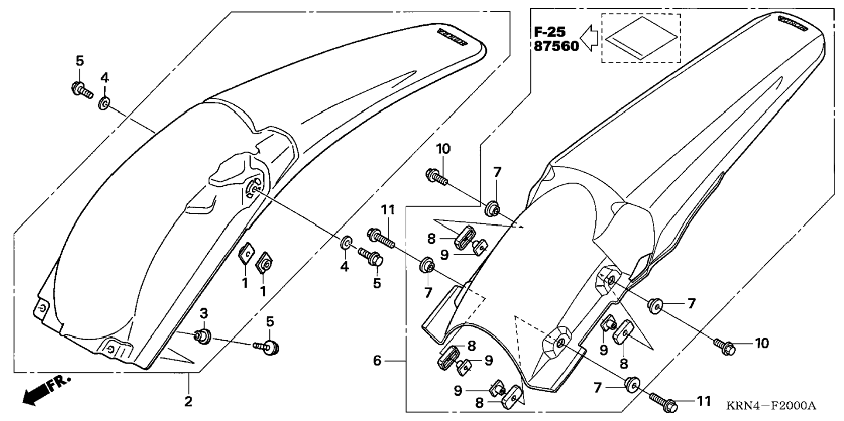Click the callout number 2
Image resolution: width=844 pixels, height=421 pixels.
click(x=188, y=401)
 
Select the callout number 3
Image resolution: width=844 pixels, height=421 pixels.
click(x=204, y=314)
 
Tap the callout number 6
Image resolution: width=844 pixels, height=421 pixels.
click(x=377, y=361)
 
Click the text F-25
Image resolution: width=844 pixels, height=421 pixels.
click(x=550, y=32)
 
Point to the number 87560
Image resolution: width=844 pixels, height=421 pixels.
click(x=556, y=46)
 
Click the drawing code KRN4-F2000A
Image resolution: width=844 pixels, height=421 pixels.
click(x=771, y=406)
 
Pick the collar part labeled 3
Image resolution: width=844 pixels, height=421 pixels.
click(x=203, y=336)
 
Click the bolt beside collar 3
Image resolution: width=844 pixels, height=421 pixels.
click(x=267, y=347)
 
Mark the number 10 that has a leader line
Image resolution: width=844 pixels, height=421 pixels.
click(x=762, y=343)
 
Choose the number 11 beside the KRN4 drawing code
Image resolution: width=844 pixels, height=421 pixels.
click(x=703, y=401)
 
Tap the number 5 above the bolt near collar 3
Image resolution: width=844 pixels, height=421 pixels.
click(x=270, y=322)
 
